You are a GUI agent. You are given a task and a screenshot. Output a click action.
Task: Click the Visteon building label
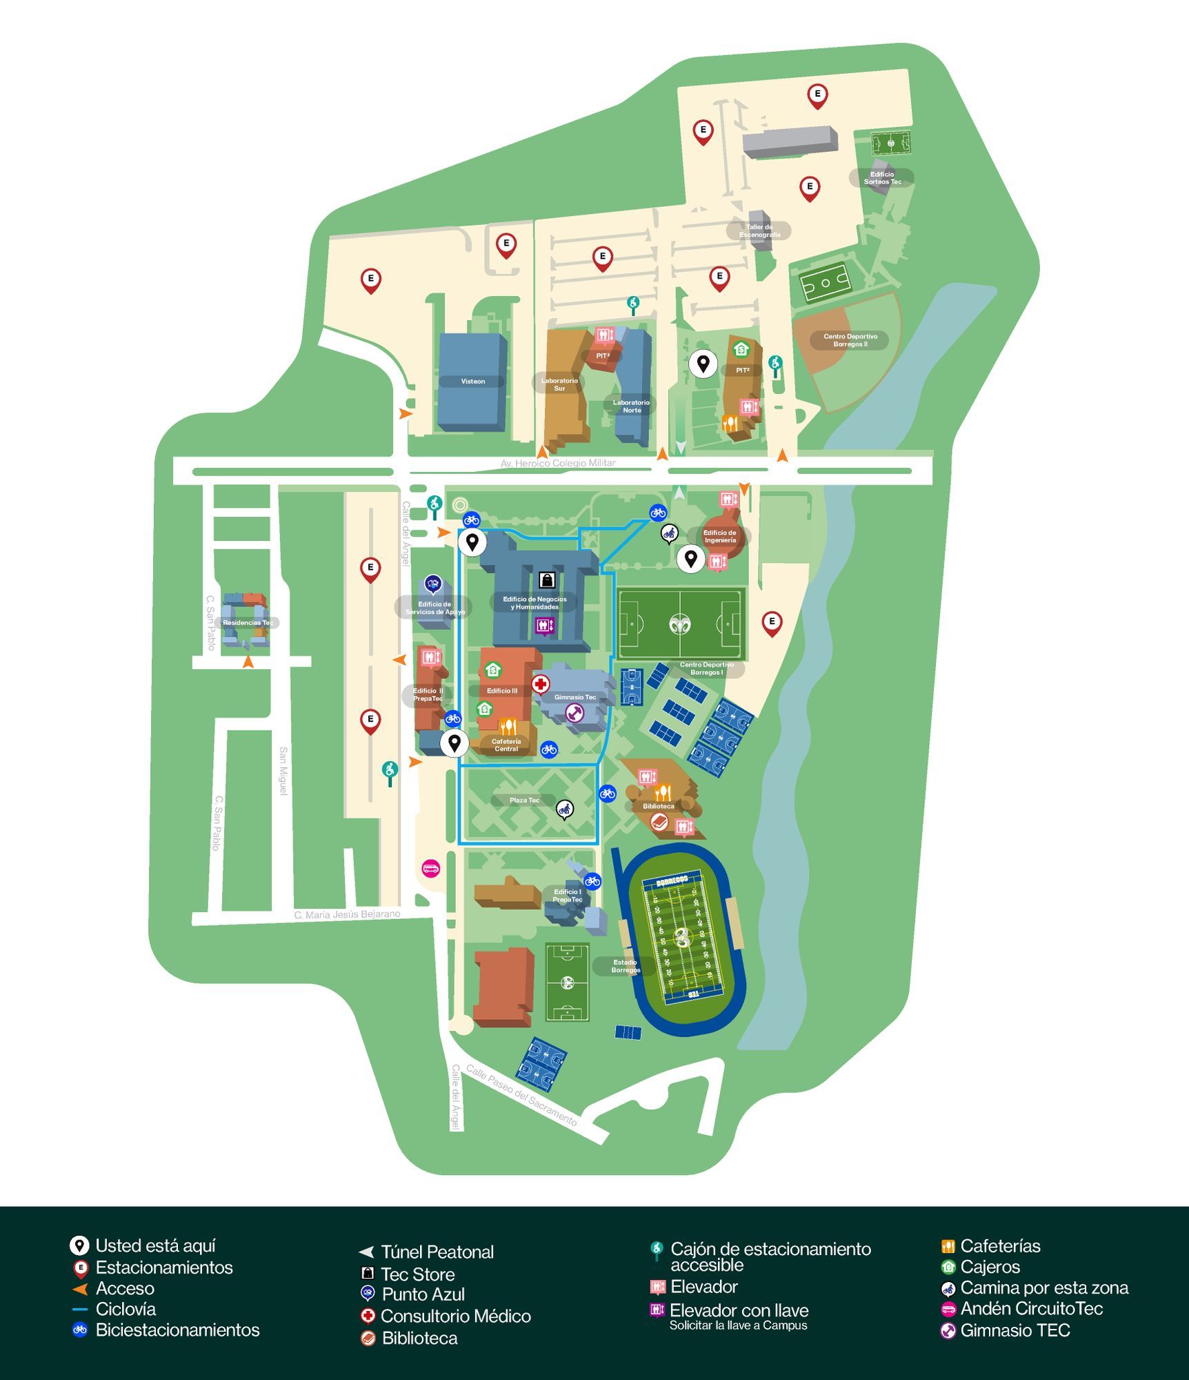pyautogui.click(x=472, y=382)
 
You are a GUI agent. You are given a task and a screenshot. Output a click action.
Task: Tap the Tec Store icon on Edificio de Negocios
pyautogui.click(x=547, y=579)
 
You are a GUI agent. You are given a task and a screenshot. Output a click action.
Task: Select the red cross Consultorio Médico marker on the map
pyautogui.click(x=540, y=684)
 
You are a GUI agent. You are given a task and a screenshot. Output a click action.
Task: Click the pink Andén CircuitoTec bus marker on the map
pyautogui.click(x=430, y=868)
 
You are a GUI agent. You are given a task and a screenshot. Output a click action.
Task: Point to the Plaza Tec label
pyautogui.click(x=524, y=800)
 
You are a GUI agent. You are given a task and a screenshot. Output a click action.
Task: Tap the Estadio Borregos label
pyautogui.click(x=626, y=966)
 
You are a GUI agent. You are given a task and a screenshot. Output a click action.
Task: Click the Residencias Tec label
pyautogui.click(x=248, y=622)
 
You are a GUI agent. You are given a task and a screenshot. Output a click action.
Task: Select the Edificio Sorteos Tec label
pyautogui.click(x=882, y=178)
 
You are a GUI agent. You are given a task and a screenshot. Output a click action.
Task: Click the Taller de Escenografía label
pyautogui.click(x=759, y=231)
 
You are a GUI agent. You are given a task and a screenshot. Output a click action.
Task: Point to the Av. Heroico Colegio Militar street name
pyautogui.click(x=558, y=463)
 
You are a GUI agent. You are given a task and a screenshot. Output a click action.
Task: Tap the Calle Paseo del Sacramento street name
pyautogui.click(x=521, y=1095)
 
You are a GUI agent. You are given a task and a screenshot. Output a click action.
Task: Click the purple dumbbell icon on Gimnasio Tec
pyautogui.click(x=574, y=713)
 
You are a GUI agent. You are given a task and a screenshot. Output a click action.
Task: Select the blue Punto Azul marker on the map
pyautogui.click(x=432, y=585)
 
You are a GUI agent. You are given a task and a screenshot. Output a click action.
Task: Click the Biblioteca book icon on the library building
pyautogui.click(x=659, y=822)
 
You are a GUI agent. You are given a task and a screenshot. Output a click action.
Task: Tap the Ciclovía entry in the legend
pyautogui.click(x=125, y=1309)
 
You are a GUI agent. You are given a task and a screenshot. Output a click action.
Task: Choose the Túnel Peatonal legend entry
pyautogui.click(x=437, y=1252)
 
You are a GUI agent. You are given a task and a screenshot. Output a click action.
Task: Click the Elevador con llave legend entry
pyautogui.click(x=738, y=1310)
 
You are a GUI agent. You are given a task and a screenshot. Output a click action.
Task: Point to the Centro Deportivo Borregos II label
pyautogui.click(x=850, y=340)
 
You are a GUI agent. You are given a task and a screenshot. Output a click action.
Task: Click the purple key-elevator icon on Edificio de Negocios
pyautogui.click(x=545, y=625)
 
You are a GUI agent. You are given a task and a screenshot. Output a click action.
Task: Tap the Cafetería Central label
pyautogui.click(x=506, y=745)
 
